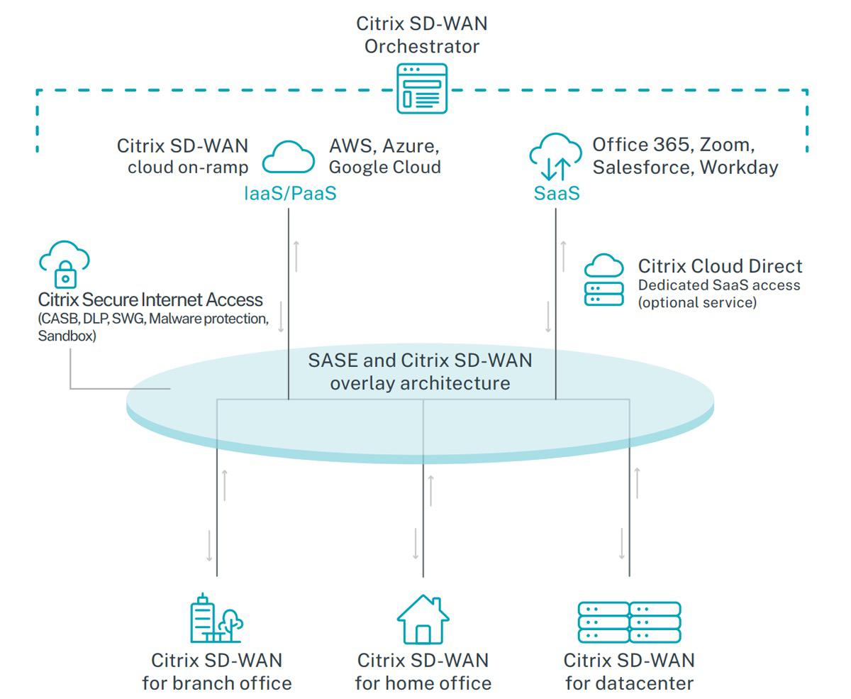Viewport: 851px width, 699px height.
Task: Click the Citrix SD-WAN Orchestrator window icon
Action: pyautogui.click(x=422, y=88)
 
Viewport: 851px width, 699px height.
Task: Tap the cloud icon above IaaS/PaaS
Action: pyautogui.click(x=289, y=158)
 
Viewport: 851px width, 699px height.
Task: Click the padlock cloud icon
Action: pyautogui.click(x=64, y=263)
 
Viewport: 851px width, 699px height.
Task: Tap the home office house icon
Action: pyautogui.click(x=423, y=620)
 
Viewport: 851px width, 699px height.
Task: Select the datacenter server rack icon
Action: pyautogui.click(x=629, y=622)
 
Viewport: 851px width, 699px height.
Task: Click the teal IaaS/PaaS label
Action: pyautogui.click(x=289, y=193)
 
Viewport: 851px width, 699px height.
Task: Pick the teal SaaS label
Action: pyautogui.click(x=557, y=193)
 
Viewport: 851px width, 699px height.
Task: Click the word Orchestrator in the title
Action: pyautogui.click(x=422, y=47)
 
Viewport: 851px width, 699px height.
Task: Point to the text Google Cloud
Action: pyautogui.click(x=384, y=167)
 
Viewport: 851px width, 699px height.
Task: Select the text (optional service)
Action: pyautogui.click(x=697, y=302)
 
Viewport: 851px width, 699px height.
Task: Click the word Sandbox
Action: pyautogui.click(x=67, y=336)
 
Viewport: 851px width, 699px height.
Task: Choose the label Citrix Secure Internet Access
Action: pyautogui.click(x=150, y=300)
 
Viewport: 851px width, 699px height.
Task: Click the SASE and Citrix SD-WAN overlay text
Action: pyautogui.click(x=420, y=371)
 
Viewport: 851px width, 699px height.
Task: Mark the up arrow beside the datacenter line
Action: pyautogui.click(x=637, y=483)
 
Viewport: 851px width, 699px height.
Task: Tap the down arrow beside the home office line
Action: pyautogui.click(x=416, y=544)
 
